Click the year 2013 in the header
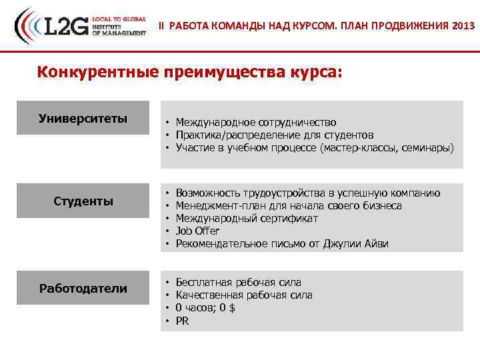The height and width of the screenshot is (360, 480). click(463, 26)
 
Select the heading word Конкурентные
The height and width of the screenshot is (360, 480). click(97, 71)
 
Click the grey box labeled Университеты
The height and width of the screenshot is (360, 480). click(83, 118)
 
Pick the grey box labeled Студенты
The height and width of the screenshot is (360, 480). click(83, 201)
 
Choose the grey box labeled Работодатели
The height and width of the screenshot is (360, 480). click(83, 288)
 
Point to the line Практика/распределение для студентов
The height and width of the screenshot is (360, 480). click(269, 135)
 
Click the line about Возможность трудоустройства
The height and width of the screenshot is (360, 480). click(308, 193)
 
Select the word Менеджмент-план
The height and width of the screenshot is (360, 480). click(217, 205)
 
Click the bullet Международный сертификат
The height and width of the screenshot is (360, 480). click(247, 218)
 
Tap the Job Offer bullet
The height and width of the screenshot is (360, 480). click(197, 231)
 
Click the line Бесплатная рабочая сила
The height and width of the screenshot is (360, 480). click(238, 282)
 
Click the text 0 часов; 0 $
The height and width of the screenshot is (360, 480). click(205, 307)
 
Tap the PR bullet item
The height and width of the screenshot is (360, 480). click(182, 321)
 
